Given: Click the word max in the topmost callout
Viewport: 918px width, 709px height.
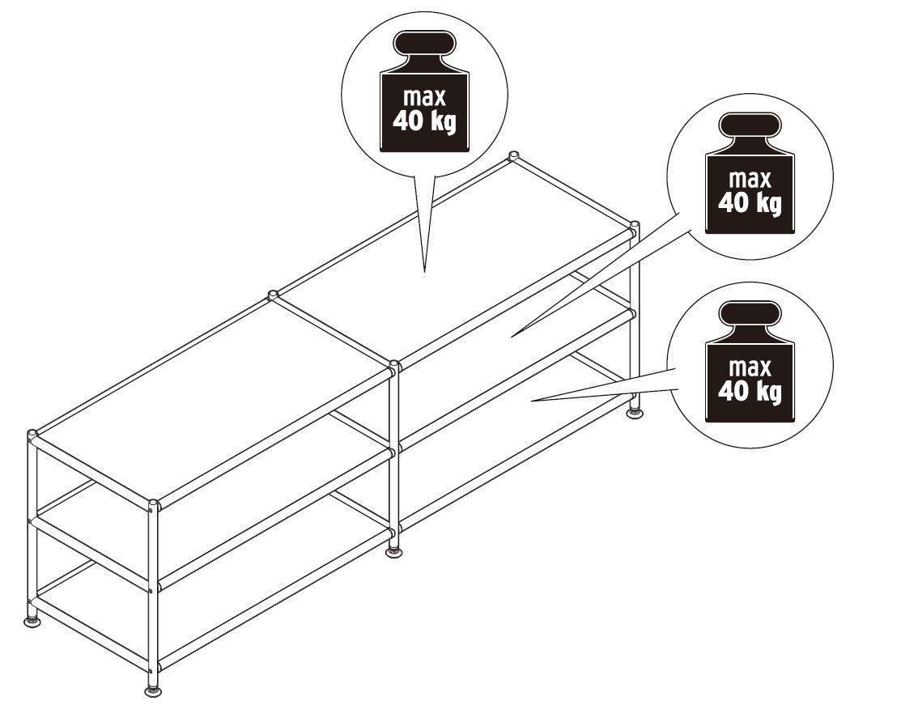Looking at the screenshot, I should point(424,97).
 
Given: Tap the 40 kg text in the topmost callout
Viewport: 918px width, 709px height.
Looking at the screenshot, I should point(424,123).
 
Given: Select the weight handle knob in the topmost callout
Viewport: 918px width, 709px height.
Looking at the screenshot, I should point(424,43).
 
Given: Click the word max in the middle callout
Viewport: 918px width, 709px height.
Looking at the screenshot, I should point(750,178).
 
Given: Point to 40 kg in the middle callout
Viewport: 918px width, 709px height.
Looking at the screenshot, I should point(750,202).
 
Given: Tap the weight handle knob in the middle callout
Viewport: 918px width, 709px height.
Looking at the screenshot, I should point(750,125).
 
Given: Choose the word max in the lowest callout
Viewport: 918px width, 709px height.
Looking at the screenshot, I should point(750,367).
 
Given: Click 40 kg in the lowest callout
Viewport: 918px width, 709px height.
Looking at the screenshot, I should point(750,392).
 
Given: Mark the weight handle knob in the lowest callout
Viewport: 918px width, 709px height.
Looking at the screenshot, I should point(750,314).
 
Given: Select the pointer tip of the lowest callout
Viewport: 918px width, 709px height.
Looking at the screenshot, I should point(532,400).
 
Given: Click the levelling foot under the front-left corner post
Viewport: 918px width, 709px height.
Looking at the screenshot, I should point(152,690).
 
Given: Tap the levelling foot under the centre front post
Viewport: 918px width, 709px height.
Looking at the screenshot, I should point(393,552).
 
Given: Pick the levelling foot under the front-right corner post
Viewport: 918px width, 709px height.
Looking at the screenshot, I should point(635,414).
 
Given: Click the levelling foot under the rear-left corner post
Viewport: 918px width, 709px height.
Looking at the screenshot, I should point(32,621).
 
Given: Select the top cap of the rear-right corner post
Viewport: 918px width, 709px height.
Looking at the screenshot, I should point(513,155).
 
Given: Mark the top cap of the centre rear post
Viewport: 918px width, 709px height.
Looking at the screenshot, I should point(273,295).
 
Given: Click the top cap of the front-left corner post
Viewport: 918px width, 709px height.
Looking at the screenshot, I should point(152,506).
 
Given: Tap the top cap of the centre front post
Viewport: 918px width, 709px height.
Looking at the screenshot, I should point(394,367).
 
